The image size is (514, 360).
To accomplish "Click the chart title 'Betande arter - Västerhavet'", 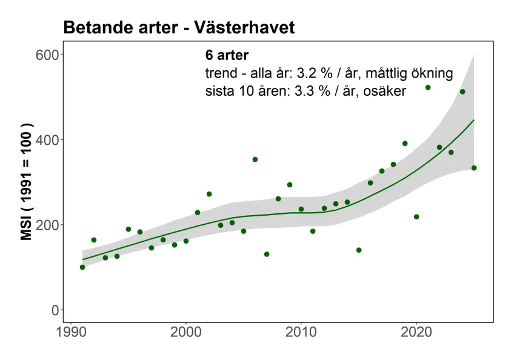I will tap(179, 28).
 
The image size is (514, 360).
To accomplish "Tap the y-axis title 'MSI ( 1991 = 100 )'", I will tap(27, 183).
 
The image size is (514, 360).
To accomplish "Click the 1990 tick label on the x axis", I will tap(71, 333).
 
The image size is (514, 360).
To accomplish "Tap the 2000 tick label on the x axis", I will tap(186, 333).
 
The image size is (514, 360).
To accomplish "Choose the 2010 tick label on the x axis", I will tap(301, 333).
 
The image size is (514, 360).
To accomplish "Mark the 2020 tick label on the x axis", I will tap(416, 333).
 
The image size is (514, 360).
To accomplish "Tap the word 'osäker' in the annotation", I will tap(385, 92).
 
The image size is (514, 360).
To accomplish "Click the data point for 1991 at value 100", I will tap(82, 267).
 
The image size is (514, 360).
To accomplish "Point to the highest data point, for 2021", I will tap(428, 88).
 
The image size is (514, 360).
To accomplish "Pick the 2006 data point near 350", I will tap(255, 159).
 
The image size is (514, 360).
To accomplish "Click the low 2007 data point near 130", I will tap(267, 254).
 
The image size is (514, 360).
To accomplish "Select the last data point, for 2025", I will tap(474, 168).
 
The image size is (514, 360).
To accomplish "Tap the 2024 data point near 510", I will tap(462, 92).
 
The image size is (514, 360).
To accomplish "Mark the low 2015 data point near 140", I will tap(359, 250).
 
